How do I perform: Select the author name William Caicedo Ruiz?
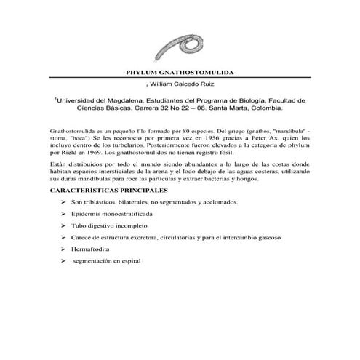(x=183, y=85)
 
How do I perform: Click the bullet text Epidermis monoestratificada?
(x=111, y=216)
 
